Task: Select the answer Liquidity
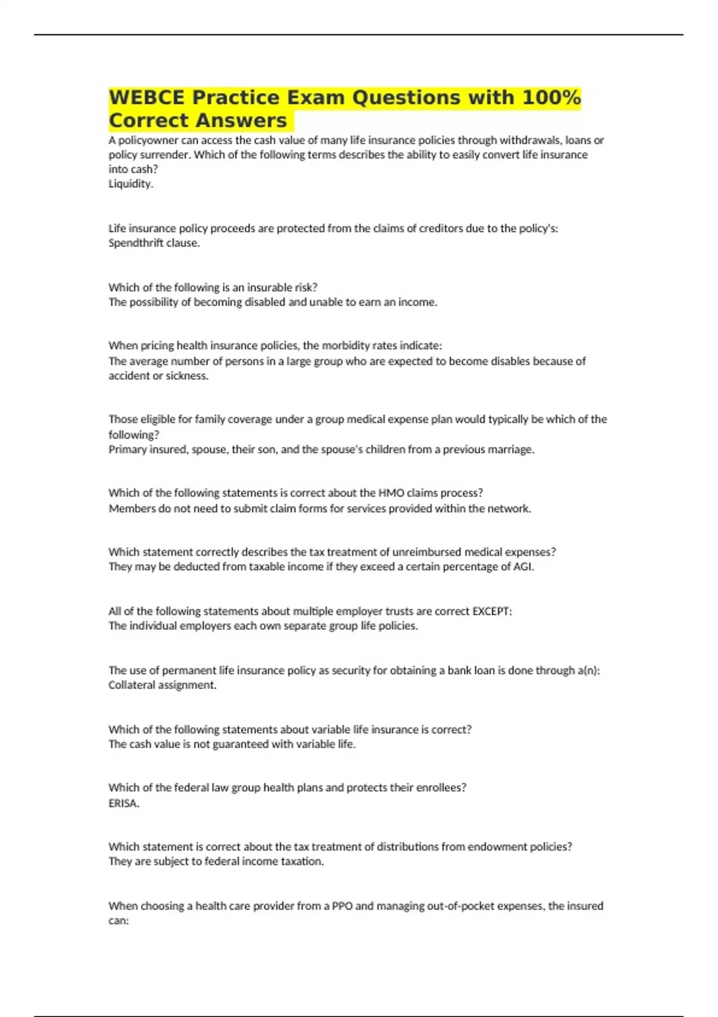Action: click(130, 184)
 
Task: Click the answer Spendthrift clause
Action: click(154, 243)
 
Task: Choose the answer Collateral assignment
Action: click(162, 685)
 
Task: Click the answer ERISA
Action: click(123, 803)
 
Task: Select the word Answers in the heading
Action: click(242, 121)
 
